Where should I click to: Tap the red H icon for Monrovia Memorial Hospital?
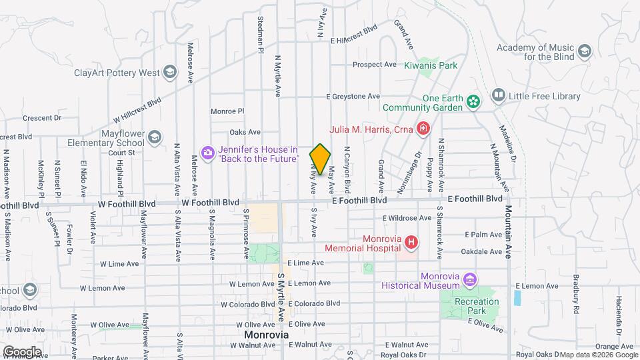click(411, 242)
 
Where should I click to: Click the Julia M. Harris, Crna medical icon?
click(422, 127)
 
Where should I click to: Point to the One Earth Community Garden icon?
click(473, 101)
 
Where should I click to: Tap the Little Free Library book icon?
click(497, 96)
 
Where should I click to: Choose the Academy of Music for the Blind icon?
click(585, 51)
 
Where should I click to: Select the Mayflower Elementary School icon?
click(155, 137)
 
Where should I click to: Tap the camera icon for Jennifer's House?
click(208, 153)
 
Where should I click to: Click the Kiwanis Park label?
click(431, 65)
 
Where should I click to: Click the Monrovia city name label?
click(265, 334)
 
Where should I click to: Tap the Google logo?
click(21, 351)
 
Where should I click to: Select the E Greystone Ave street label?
click(353, 97)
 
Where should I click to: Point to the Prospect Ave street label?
click(374, 65)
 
